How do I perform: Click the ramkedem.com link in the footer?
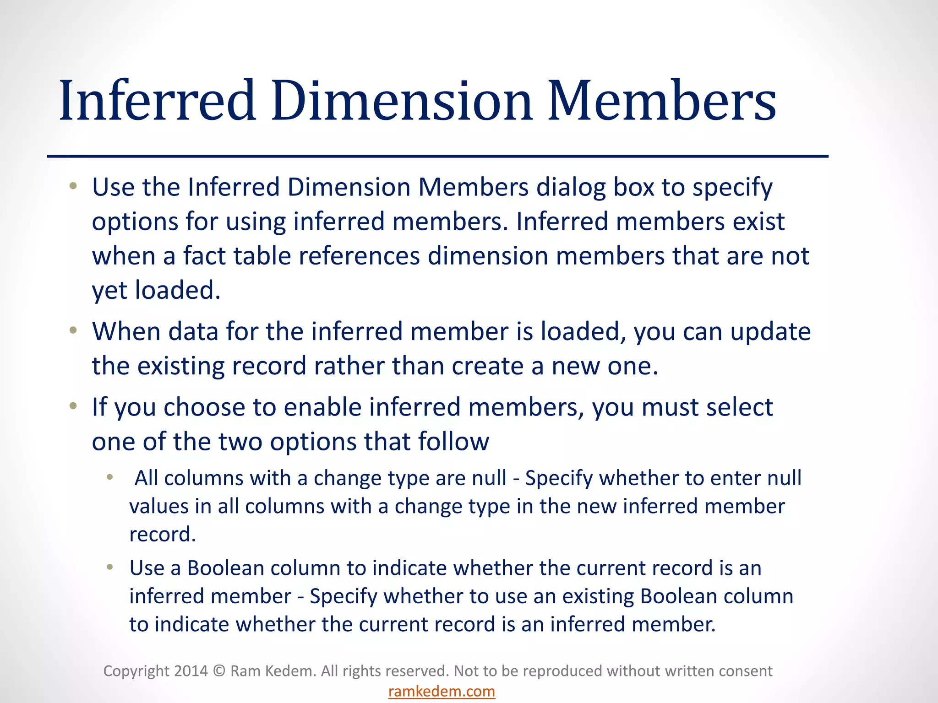pos(442,691)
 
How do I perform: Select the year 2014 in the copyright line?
pos(191,671)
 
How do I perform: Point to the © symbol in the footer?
pos(219,671)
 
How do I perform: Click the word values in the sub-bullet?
pos(158,507)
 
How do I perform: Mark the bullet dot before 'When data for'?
pos(73,330)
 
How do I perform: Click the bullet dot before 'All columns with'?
pos(109,477)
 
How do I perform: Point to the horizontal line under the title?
pos(437,157)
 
